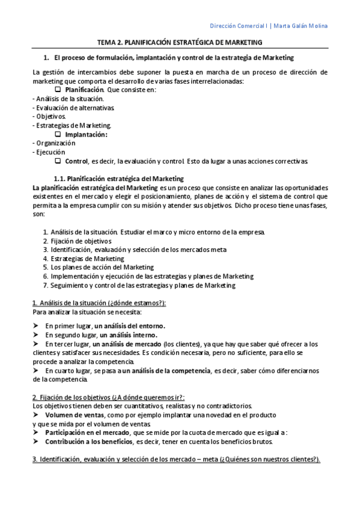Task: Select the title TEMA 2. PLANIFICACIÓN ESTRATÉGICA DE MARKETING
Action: pyautogui.click(x=180, y=43)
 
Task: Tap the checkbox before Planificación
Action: pyautogui.click(x=58, y=90)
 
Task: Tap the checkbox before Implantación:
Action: pyautogui.click(x=58, y=134)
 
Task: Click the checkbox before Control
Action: pyautogui.click(x=58, y=161)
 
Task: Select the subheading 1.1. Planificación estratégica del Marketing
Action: pyautogui.click(x=118, y=179)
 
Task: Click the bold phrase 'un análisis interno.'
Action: pyautogui.click(x=130, y=334)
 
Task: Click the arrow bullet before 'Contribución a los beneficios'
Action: pyautogui.click(x=37, y=441)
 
